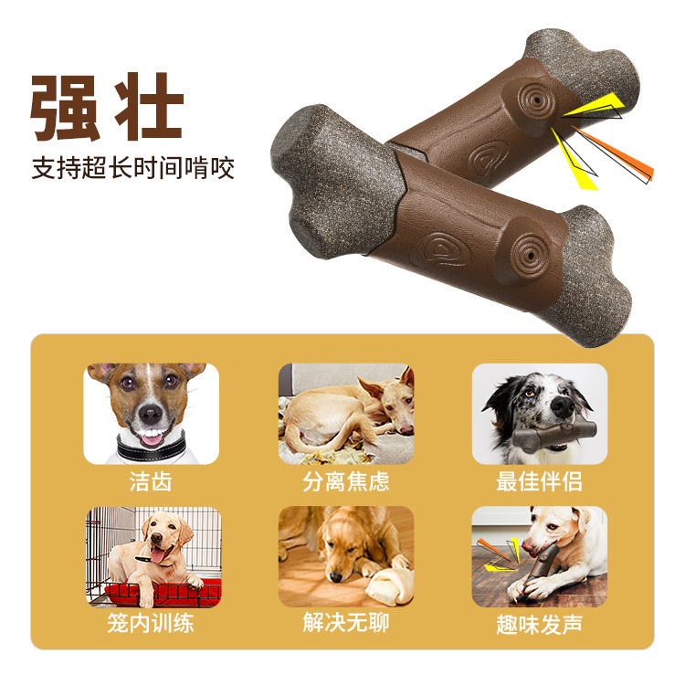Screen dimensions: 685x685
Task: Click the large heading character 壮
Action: (x=149, y=106)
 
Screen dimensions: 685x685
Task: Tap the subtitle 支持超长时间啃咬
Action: (x=132, y=168)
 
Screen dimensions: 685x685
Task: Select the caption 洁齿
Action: (x=151, y=481)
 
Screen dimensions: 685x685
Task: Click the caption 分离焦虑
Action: (x=346, y=481)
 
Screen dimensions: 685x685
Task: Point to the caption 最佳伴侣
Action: (x=539, y=481)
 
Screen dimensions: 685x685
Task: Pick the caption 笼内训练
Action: (x=151, y=623)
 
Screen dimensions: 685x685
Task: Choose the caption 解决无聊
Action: (x=346, y=623)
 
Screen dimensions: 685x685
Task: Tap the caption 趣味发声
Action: (x=539, y=624)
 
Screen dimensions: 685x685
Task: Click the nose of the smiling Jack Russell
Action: (x=151, y=413)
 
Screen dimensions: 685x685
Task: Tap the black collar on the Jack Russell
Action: (x=151, y=447)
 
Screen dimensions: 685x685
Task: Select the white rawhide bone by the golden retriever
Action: (x=390, y=586)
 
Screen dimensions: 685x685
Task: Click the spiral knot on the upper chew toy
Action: (x=536, y=100)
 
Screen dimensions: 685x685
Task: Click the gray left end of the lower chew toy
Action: (x=337, y=182)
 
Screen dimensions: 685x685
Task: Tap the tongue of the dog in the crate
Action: (x=157, y=555)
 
